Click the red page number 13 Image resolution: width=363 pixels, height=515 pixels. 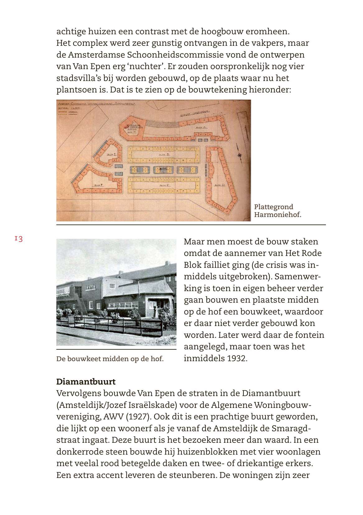click(18, 239)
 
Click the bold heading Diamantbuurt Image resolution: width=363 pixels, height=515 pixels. click(86, 382)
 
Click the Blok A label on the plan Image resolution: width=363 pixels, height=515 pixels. click(201, 128)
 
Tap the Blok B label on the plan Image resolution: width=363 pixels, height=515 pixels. click(164, 155)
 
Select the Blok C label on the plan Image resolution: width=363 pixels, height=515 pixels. click(164, 185)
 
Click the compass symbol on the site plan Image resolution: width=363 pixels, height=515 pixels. click(240, 155)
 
